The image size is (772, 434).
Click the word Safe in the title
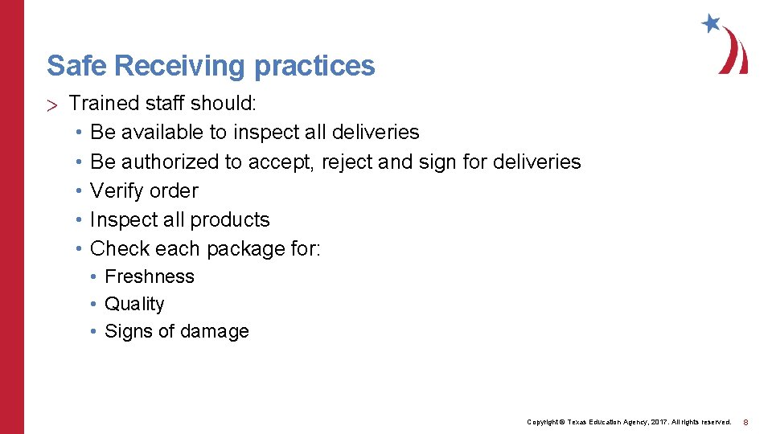click(x=67, y=65)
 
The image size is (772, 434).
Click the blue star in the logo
click(x=711, y=23)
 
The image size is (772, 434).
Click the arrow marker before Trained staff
click(x=53, y=104)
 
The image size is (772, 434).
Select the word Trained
click(x=101, y=104)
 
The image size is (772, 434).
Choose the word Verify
click(x=116, y=190)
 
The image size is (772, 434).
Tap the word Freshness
click(x=150, y=276)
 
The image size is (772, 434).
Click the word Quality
click(x=134, y=304)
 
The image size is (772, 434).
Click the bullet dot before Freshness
click(x=94, y=276)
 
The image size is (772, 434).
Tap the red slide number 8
click(x=745, y=422)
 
